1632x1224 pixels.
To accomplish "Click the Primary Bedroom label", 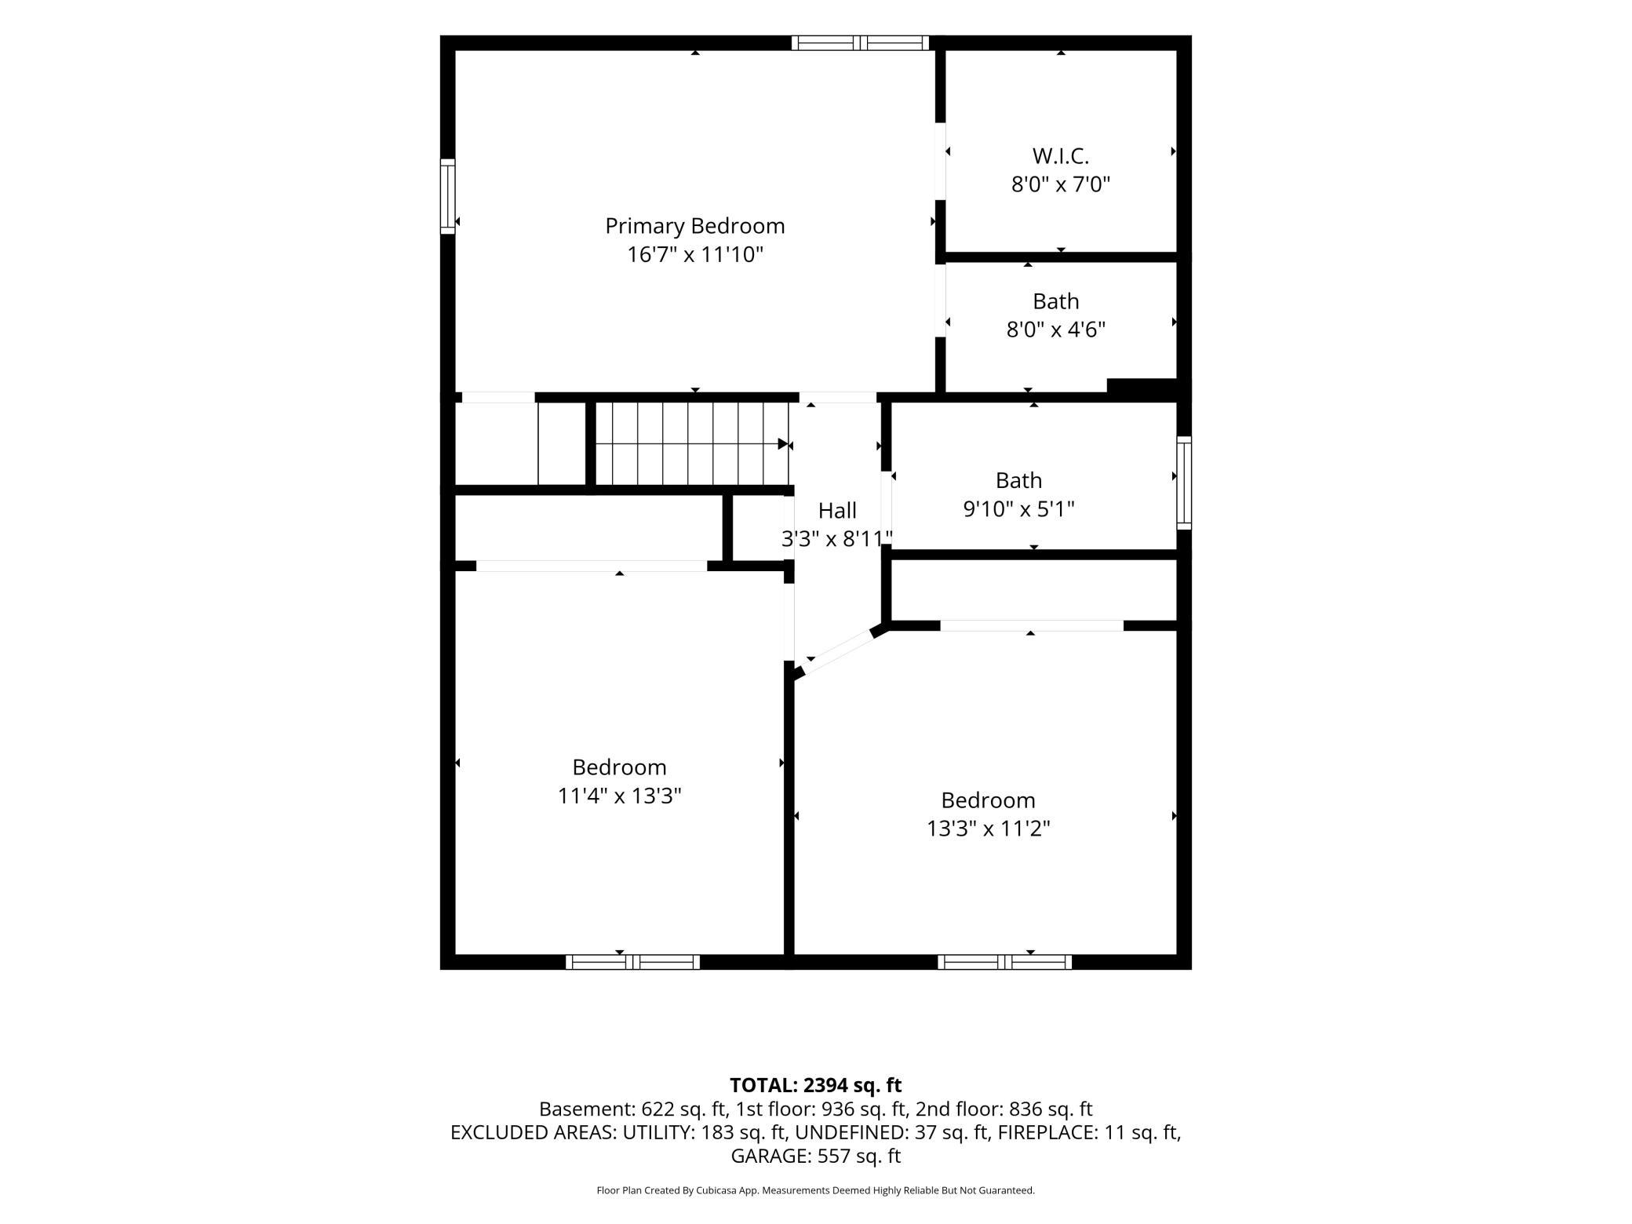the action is pyautogui.click(x=694, y=226).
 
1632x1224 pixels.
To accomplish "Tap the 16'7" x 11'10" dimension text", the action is pyautogui.click(x=694, y=255).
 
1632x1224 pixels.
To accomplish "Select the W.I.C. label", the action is pyautogui.click(x=1061, y=156).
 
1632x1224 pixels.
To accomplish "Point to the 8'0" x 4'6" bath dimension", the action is pyautogui.click(x=1056, y=330).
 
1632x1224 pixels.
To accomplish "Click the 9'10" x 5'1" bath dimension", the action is pyautogui.click(x=1018, y=509).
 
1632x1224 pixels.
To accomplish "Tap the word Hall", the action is pyautogui.click(x=837, y=511).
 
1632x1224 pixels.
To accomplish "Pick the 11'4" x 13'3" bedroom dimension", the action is pyautogui.click(x=619, y=796).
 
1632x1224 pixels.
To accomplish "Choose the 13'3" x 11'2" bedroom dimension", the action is pyautogui.click(x=988, y=829).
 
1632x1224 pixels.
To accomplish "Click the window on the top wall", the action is pyautogui.click(x=860, y=43).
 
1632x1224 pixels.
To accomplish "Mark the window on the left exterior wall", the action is pyautogui.click(x=447, y=196).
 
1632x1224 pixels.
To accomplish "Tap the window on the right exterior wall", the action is pyautogui.click(x=1184, y=483).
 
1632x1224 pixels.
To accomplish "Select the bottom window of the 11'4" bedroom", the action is pyautogui.click(x=632, y=962).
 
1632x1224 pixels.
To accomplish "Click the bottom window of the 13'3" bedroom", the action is pyautogui.click(x=1004, y=962).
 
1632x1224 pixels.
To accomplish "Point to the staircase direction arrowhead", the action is pyautogui.click(x=783, y=444).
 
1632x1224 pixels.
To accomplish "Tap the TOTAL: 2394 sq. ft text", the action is pyautogui.click(x=815, y=1085).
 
